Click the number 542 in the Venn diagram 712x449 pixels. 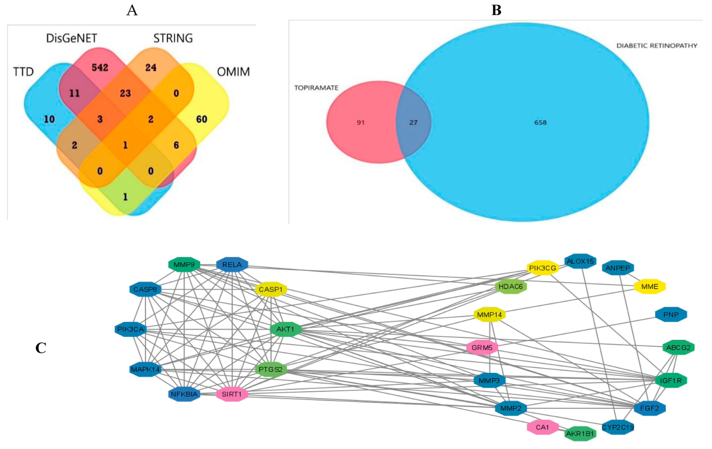(x=100, y=67)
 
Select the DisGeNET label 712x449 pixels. (x=72, y=38)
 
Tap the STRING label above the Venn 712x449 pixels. (x=173, y=38)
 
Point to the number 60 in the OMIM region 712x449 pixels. (x=202, y=119)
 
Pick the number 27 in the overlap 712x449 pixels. (x=413, y=123)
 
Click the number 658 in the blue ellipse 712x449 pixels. (x=540, y=123)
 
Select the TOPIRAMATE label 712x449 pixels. (x=316, y=88)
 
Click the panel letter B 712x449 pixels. (x=496, y=10)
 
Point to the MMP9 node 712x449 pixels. (x=184, y=264)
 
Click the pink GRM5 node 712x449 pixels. (x=482, y=348)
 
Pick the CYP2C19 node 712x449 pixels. (x=618, y=427)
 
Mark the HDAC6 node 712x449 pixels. (x=511, y=286)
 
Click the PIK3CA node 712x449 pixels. (x=130, y=329)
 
